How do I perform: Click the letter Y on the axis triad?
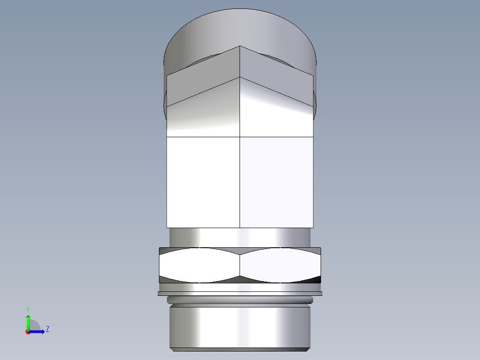coord(28,309)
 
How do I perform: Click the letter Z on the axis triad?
coord(47,329)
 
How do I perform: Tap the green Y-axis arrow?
coord(28,321)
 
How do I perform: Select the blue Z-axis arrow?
coord(38,331)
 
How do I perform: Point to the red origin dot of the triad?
coord(28,332)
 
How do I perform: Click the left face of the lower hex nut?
coord(199,265)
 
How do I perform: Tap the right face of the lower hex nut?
coord(280,265)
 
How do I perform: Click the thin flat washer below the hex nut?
coord(240,293)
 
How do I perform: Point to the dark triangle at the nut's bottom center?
coord(240,279)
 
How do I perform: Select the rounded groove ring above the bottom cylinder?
coord(240,301)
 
